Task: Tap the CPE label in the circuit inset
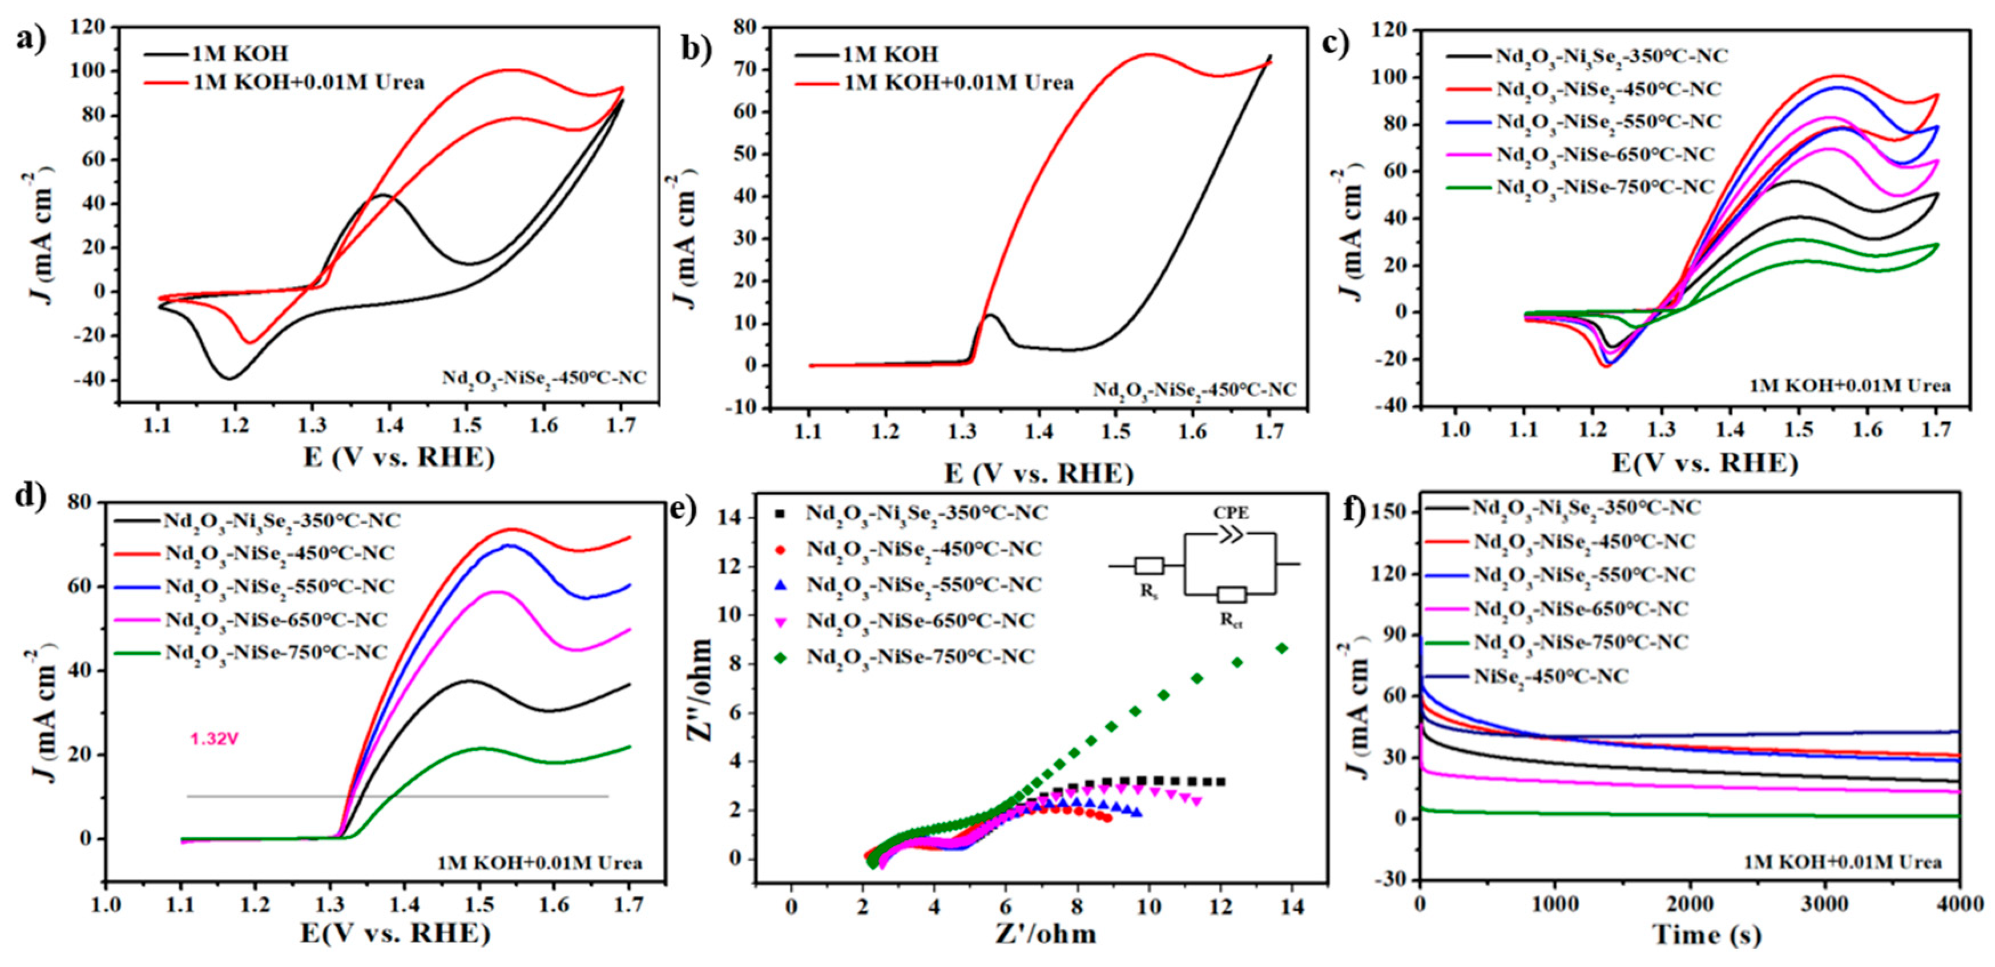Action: click(x=1231, y=513)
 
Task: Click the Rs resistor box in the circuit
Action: click(x=1148, y=566)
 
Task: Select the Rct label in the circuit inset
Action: click(x=1232, y=620)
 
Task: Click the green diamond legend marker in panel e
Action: click(x=779, y=657)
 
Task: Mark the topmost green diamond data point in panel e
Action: click(x=1281, y=649)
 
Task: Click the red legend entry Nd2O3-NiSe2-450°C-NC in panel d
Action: click(x=279, y=553)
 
